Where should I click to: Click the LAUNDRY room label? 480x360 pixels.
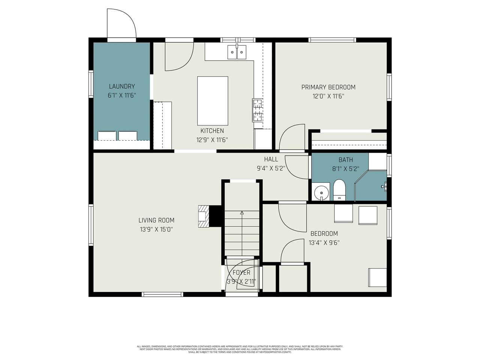121,86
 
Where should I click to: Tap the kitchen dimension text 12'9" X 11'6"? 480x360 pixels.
212,140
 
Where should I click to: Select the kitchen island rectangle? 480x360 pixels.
213,100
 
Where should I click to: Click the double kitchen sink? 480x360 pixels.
237,52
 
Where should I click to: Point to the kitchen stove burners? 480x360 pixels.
257,110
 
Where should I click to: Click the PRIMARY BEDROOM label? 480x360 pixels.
328,87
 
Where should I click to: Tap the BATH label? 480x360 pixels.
345,160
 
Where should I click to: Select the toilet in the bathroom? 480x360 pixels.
339,190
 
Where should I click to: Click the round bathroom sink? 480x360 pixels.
321,193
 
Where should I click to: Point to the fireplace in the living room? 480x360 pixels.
203,216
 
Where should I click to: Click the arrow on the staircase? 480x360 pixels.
242,213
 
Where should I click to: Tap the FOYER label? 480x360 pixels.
241,273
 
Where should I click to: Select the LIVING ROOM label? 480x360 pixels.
156,220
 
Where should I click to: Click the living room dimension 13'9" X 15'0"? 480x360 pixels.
156,229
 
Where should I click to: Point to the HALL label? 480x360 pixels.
271,159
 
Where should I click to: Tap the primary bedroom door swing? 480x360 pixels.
292,138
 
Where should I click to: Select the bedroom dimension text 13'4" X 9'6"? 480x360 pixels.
324,243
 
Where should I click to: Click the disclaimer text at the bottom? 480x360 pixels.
240,349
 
